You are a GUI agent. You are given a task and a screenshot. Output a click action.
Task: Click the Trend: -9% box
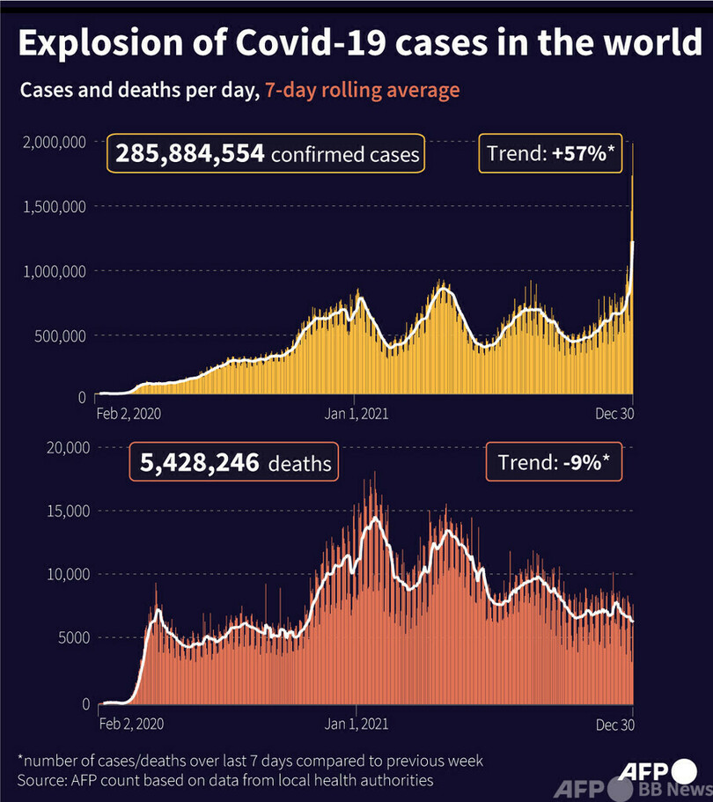click(x=553, y=462)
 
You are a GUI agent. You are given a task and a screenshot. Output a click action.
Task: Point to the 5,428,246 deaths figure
click(x=235, y=463)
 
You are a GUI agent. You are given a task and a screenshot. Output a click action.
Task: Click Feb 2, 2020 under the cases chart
click(x=129, y=412)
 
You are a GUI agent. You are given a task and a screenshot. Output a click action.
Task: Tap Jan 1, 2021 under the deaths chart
click(x=356, y=724)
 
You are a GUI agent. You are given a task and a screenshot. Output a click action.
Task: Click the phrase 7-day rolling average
click(x=362, y=91)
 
